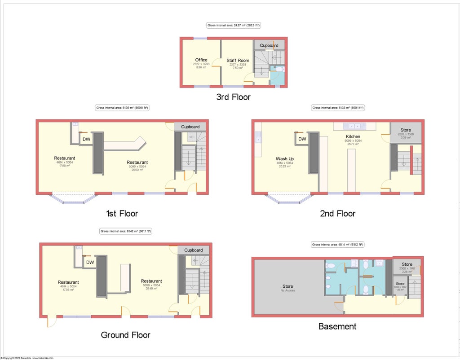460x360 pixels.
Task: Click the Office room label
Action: click(201, 60)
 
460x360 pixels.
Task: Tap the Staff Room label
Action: click(238, 61)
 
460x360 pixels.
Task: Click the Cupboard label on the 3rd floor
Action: click(269, 45)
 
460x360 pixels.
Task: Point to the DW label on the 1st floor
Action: click(86, 140)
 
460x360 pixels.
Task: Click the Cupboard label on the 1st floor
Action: click(190, 127)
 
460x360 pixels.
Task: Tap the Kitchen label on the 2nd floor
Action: click(354, 136)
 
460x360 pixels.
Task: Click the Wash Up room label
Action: click(285, 158)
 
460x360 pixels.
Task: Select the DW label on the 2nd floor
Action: click(302, 139)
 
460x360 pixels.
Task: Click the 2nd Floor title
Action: click(337, 214)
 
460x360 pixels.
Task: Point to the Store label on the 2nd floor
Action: click(405, 130)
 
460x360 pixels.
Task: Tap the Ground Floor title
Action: click(125, 335)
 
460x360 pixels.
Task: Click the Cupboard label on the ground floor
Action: click(193, 250)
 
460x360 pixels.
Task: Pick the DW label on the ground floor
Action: click(90, 262)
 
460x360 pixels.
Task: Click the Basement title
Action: click(337, 326)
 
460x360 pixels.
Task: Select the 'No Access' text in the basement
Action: click(287, 290)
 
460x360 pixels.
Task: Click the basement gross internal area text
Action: click(337, 245)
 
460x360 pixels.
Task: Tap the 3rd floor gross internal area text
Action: click(234, 26)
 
